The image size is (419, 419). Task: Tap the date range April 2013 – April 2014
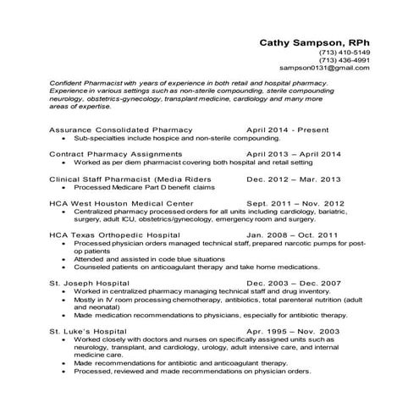click(294, 154)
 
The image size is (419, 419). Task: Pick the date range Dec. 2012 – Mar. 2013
click(294, 179)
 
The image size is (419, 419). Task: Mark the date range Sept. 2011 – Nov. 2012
click(295, 203)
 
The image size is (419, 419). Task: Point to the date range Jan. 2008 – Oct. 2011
click(293, 234)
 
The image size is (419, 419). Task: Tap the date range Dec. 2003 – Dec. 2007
click(294, 283)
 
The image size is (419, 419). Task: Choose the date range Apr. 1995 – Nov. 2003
click(294, 331)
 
